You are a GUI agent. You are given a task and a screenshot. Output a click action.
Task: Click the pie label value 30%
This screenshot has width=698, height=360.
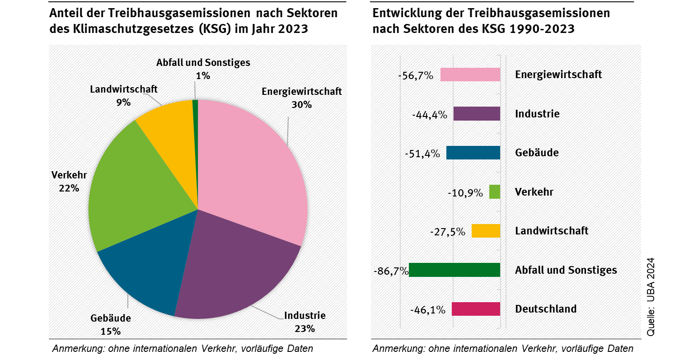pyautogui.click(x=301, y=105)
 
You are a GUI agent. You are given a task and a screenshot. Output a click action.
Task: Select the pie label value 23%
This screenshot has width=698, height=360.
pyautogui.click(x=304, y=329)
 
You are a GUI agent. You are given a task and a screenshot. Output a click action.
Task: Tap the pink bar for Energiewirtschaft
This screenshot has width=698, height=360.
pyautogui.click(x=470, y=75)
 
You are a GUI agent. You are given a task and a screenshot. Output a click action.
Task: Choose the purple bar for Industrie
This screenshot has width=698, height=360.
pyautogui.click(x=477, y=114)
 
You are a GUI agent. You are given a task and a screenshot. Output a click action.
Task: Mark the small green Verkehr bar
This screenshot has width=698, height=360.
pyautogui.click(x=495, y=192)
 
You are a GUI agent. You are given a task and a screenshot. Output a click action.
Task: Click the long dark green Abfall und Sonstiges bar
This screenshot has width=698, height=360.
pyautogui.click(x=454, y=270)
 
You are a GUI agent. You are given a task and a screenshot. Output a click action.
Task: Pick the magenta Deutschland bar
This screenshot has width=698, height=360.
pyautogui.click(x=476, y=309)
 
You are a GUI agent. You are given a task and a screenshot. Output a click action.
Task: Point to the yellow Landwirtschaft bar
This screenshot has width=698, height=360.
pyautogui.click(x=486, y=231)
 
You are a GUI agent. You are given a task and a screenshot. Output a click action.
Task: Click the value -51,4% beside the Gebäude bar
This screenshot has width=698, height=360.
pyautogui.click(x=422, y=154)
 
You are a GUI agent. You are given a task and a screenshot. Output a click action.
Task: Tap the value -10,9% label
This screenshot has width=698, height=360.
pyautogui.click(x=465, y=193)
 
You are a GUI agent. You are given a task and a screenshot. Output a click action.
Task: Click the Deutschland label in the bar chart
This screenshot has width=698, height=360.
pyautogui.click(x=546, y=309)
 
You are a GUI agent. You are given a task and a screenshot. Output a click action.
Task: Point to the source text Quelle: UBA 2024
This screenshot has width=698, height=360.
pyautogui.click(x=651, y=296)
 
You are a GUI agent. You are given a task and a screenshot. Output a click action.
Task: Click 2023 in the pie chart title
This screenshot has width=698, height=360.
pyautogui.click(x=293, y=29)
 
